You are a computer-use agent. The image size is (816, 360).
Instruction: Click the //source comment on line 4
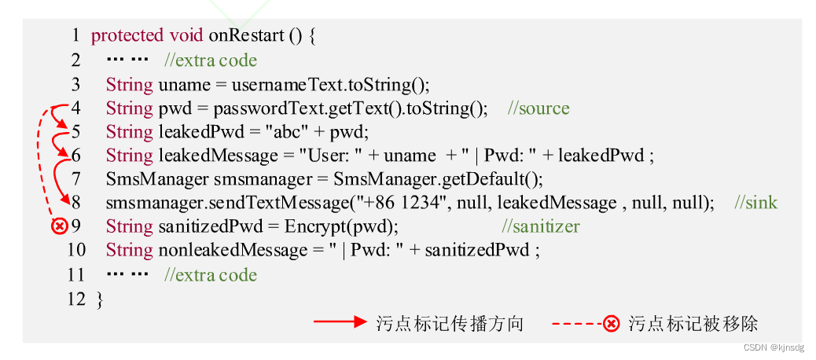point(538,108)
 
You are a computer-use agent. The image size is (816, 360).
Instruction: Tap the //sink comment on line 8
point(755,203)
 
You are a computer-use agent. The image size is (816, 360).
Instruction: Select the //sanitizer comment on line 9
point(541,226)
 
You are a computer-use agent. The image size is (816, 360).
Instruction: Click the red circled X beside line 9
point(59,226)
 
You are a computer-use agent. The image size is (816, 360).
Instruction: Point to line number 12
point(76,299)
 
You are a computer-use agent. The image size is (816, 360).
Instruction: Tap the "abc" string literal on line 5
point(294,132)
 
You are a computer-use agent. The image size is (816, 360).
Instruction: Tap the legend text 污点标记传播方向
point(450,323)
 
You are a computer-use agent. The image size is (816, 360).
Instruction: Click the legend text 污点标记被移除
point(693,323)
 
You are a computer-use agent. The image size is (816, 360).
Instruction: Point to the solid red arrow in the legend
point(340,323)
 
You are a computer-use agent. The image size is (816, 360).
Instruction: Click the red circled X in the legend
point(611,323)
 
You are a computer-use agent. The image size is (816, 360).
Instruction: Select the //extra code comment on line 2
point(211,61)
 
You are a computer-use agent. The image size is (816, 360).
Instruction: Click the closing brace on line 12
point(98,299)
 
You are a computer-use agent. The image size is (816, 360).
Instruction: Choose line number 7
point(76,179)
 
